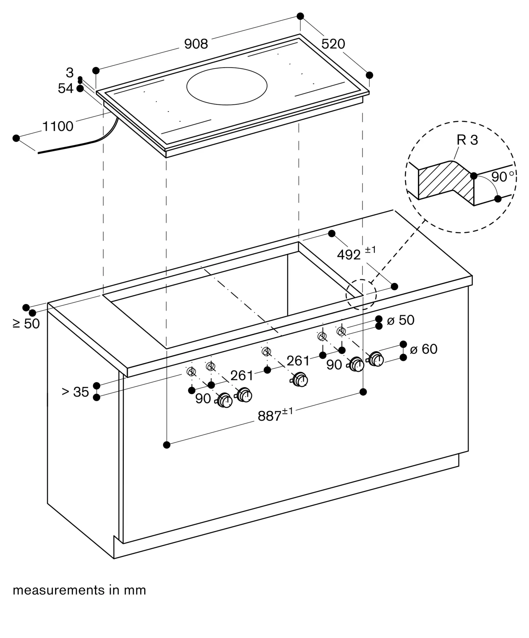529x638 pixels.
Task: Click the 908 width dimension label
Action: click(x=196, y=44)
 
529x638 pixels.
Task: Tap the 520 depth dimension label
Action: click(x=333, y=44)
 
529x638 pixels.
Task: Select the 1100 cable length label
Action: click(x=58, y=127)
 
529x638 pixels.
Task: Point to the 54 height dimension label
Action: click(x=65, y=88)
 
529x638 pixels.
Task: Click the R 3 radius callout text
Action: click(x=467, y=140)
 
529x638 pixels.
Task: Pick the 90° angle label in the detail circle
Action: click(x=502, y=177)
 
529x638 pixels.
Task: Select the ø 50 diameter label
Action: click(x=400, y=320)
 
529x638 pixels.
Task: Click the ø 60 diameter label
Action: click(x=423, y=349)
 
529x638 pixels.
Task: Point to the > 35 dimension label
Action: click(x=75, y=392)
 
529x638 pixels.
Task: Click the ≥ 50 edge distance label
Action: click(x=26, y=323)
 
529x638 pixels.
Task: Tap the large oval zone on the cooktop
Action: click(x=227, y=86)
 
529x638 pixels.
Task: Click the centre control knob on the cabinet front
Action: click(x=300, y=380)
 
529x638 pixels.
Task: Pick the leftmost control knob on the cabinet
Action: click(x=225, y=401)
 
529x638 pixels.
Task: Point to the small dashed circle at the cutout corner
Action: click(x=361, y=294)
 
